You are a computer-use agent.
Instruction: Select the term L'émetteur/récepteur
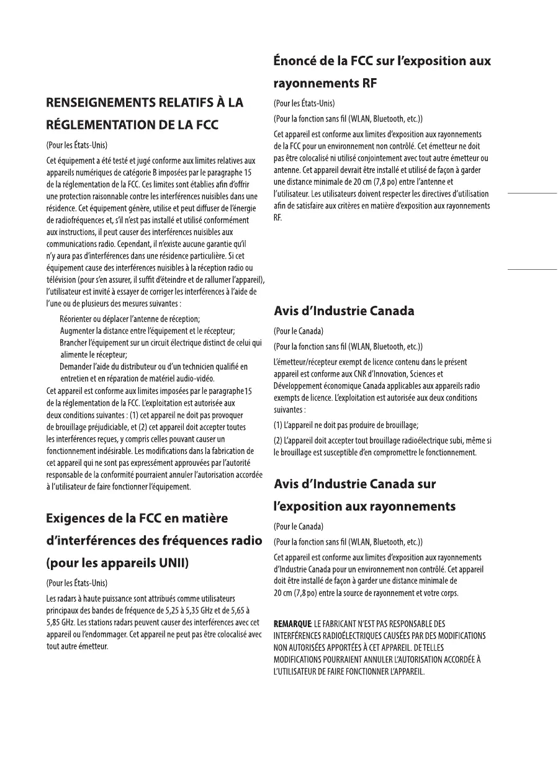click(x=309, y=362)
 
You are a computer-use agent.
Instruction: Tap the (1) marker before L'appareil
click(x=279, y=425)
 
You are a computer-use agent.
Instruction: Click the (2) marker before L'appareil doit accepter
click(x=279, y=440)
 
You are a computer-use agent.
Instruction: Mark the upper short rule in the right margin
click(x=532, y=194)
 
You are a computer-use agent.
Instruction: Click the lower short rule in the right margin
click(x=532, y=270)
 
